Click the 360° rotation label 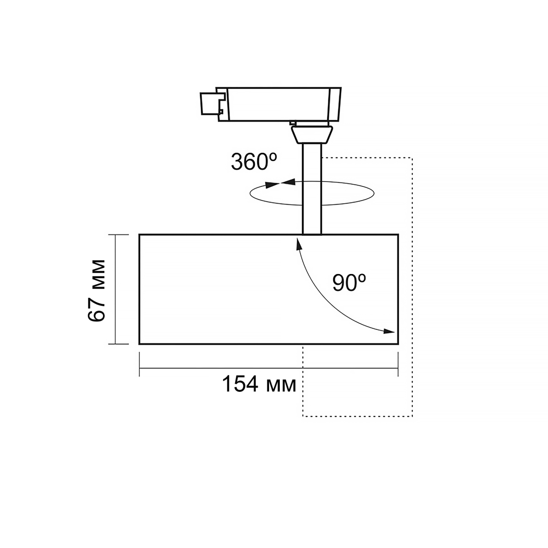[254, 162]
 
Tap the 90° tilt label [349, 283]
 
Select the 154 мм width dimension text [259, 384]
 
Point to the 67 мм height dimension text [97, 291]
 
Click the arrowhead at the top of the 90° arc [299, 244]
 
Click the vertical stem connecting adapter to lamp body [312, 189]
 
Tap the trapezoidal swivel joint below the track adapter [312, 135]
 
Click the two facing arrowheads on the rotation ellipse [280, 184]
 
